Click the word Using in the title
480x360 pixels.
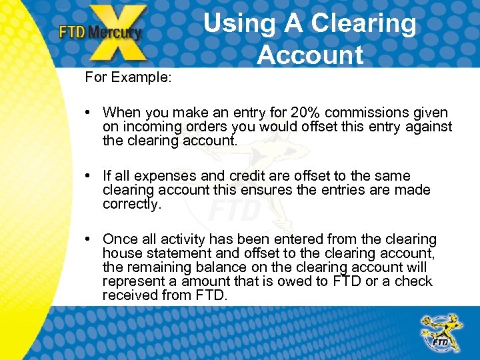pyautogui.click(x=239, y=24)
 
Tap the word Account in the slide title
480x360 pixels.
pyautogui.click(x=310, y=55)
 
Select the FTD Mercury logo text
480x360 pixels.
pyautogui.click(x=100, y=32)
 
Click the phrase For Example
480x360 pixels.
pyautogui.click(x=128, y=77)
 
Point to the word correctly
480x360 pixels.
pyautogui.click(x=132, y=204)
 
